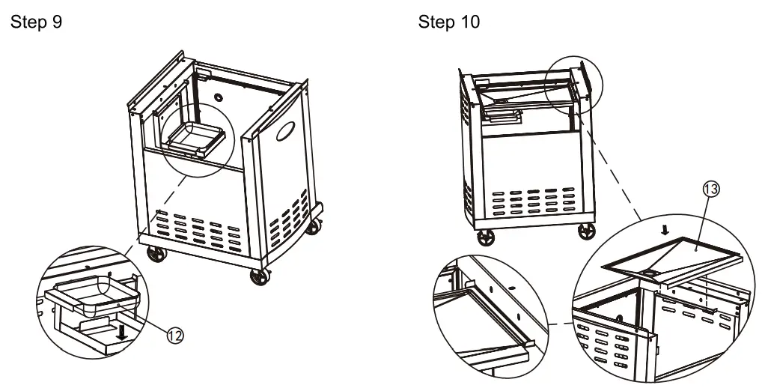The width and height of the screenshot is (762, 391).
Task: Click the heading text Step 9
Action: [37, 22]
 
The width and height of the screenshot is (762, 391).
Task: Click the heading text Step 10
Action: [449, 22]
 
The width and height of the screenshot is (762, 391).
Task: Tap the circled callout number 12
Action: [175, 336]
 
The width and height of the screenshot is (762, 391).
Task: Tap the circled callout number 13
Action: [710, 190]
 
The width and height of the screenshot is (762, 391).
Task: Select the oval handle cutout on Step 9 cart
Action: [285, 131]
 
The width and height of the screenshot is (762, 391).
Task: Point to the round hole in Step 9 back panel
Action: [219, 97]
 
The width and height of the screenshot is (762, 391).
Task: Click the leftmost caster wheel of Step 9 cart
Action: [156, 254]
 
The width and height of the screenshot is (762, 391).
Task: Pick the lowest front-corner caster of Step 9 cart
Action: [260, 276]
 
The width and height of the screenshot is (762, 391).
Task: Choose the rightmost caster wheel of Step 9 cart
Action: [314, 226]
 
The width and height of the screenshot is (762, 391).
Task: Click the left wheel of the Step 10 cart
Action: [486, 237]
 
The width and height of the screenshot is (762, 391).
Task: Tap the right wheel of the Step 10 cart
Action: [587, 231]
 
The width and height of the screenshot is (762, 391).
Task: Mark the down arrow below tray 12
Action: [123, 333]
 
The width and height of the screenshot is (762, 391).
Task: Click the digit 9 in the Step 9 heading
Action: [57, 22]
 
